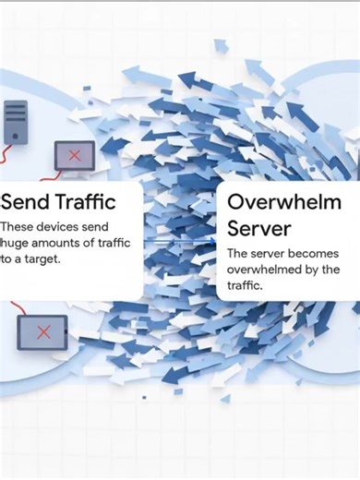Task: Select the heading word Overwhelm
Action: pyautogui.click(x=283, y=202)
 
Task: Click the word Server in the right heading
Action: pyautogui.click(x=258, y=226)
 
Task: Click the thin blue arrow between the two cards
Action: pyautogui.click(x=180, y=243)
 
